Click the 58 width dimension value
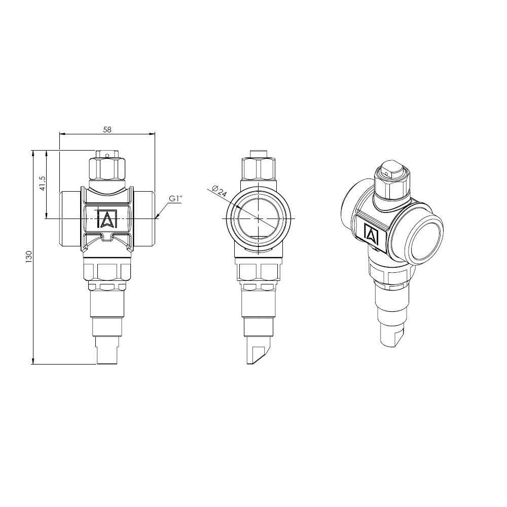coord(107,129)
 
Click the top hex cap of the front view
coord(106,168)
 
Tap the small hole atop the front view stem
coord(107,156)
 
